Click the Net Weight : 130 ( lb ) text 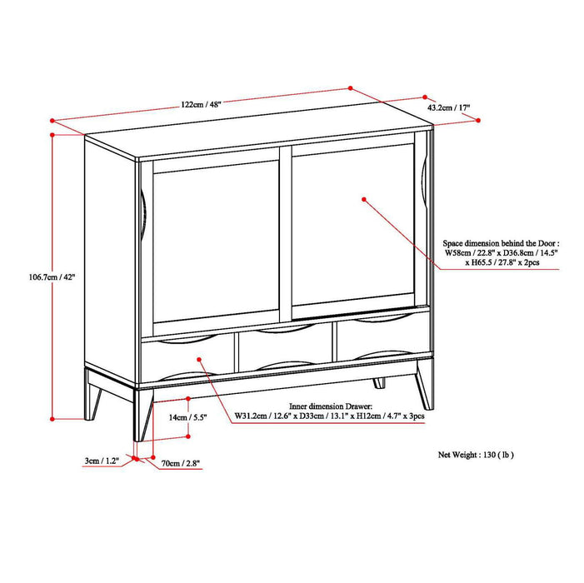pos(477,455)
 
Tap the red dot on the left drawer pos(200,359)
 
